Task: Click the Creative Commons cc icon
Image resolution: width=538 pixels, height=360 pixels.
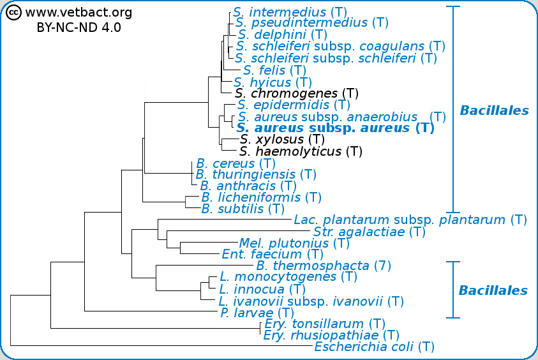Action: point(14,13)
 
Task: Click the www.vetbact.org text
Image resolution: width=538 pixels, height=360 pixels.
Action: point(78,13)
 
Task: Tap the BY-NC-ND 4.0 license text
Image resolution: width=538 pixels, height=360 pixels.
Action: point(78,27)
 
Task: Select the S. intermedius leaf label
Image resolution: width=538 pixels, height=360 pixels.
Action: point(288,11)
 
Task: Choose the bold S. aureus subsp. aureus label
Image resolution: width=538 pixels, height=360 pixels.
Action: point(335,128)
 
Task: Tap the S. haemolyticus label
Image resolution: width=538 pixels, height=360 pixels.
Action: point(301,151)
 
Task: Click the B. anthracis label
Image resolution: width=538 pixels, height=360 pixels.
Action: point(248,186)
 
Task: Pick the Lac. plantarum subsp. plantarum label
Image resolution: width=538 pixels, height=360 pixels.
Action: point(410,220)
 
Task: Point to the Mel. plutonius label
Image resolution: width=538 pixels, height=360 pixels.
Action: point(294,243)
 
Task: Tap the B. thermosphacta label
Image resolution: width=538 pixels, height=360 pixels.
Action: point(323,266)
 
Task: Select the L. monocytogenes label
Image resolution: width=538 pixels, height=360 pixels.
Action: point(288,277)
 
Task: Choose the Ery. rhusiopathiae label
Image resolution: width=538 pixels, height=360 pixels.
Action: point(331,335)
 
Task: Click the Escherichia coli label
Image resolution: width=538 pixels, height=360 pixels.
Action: point(374,347)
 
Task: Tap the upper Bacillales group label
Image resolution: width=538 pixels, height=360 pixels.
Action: point(494,110)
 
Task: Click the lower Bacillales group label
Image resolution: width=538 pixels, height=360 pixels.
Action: point(493,290)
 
